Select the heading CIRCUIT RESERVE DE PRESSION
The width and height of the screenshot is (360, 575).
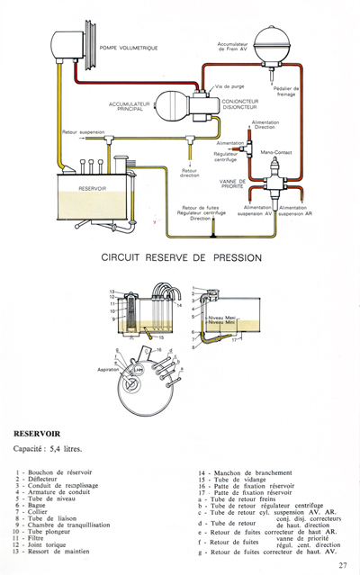181,257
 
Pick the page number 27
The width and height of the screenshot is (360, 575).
344,565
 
